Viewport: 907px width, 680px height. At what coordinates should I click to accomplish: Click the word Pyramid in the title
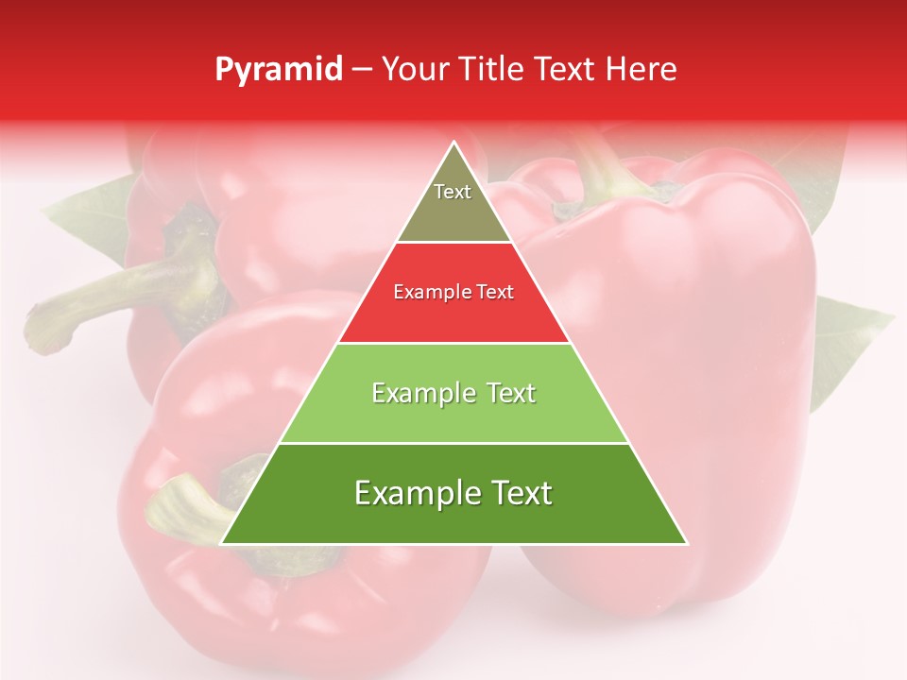coord(278,70)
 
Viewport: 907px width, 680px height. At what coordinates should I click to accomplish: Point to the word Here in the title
coord(642,70)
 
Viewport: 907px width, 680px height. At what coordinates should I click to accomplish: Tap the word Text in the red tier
coord(494,293)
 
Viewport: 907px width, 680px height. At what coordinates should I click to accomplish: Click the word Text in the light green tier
coord(505,393)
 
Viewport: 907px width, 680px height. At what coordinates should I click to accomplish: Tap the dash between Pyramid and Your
coord(362,70)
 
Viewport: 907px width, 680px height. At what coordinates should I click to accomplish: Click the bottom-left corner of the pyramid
coord(223,543)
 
